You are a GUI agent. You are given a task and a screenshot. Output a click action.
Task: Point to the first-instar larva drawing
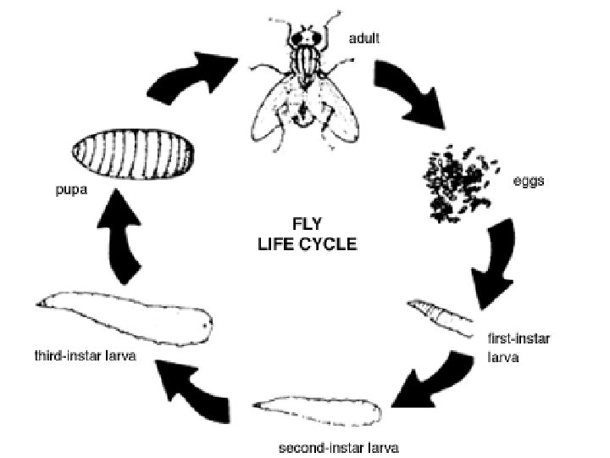[x=440, y=318]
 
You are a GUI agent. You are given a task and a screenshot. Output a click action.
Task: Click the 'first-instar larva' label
[x=518, y=348]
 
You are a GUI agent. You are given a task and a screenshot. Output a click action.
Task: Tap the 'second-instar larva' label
[x=327, y=446]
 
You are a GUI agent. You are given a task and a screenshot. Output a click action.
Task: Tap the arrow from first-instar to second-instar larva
[x=436, y=377]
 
